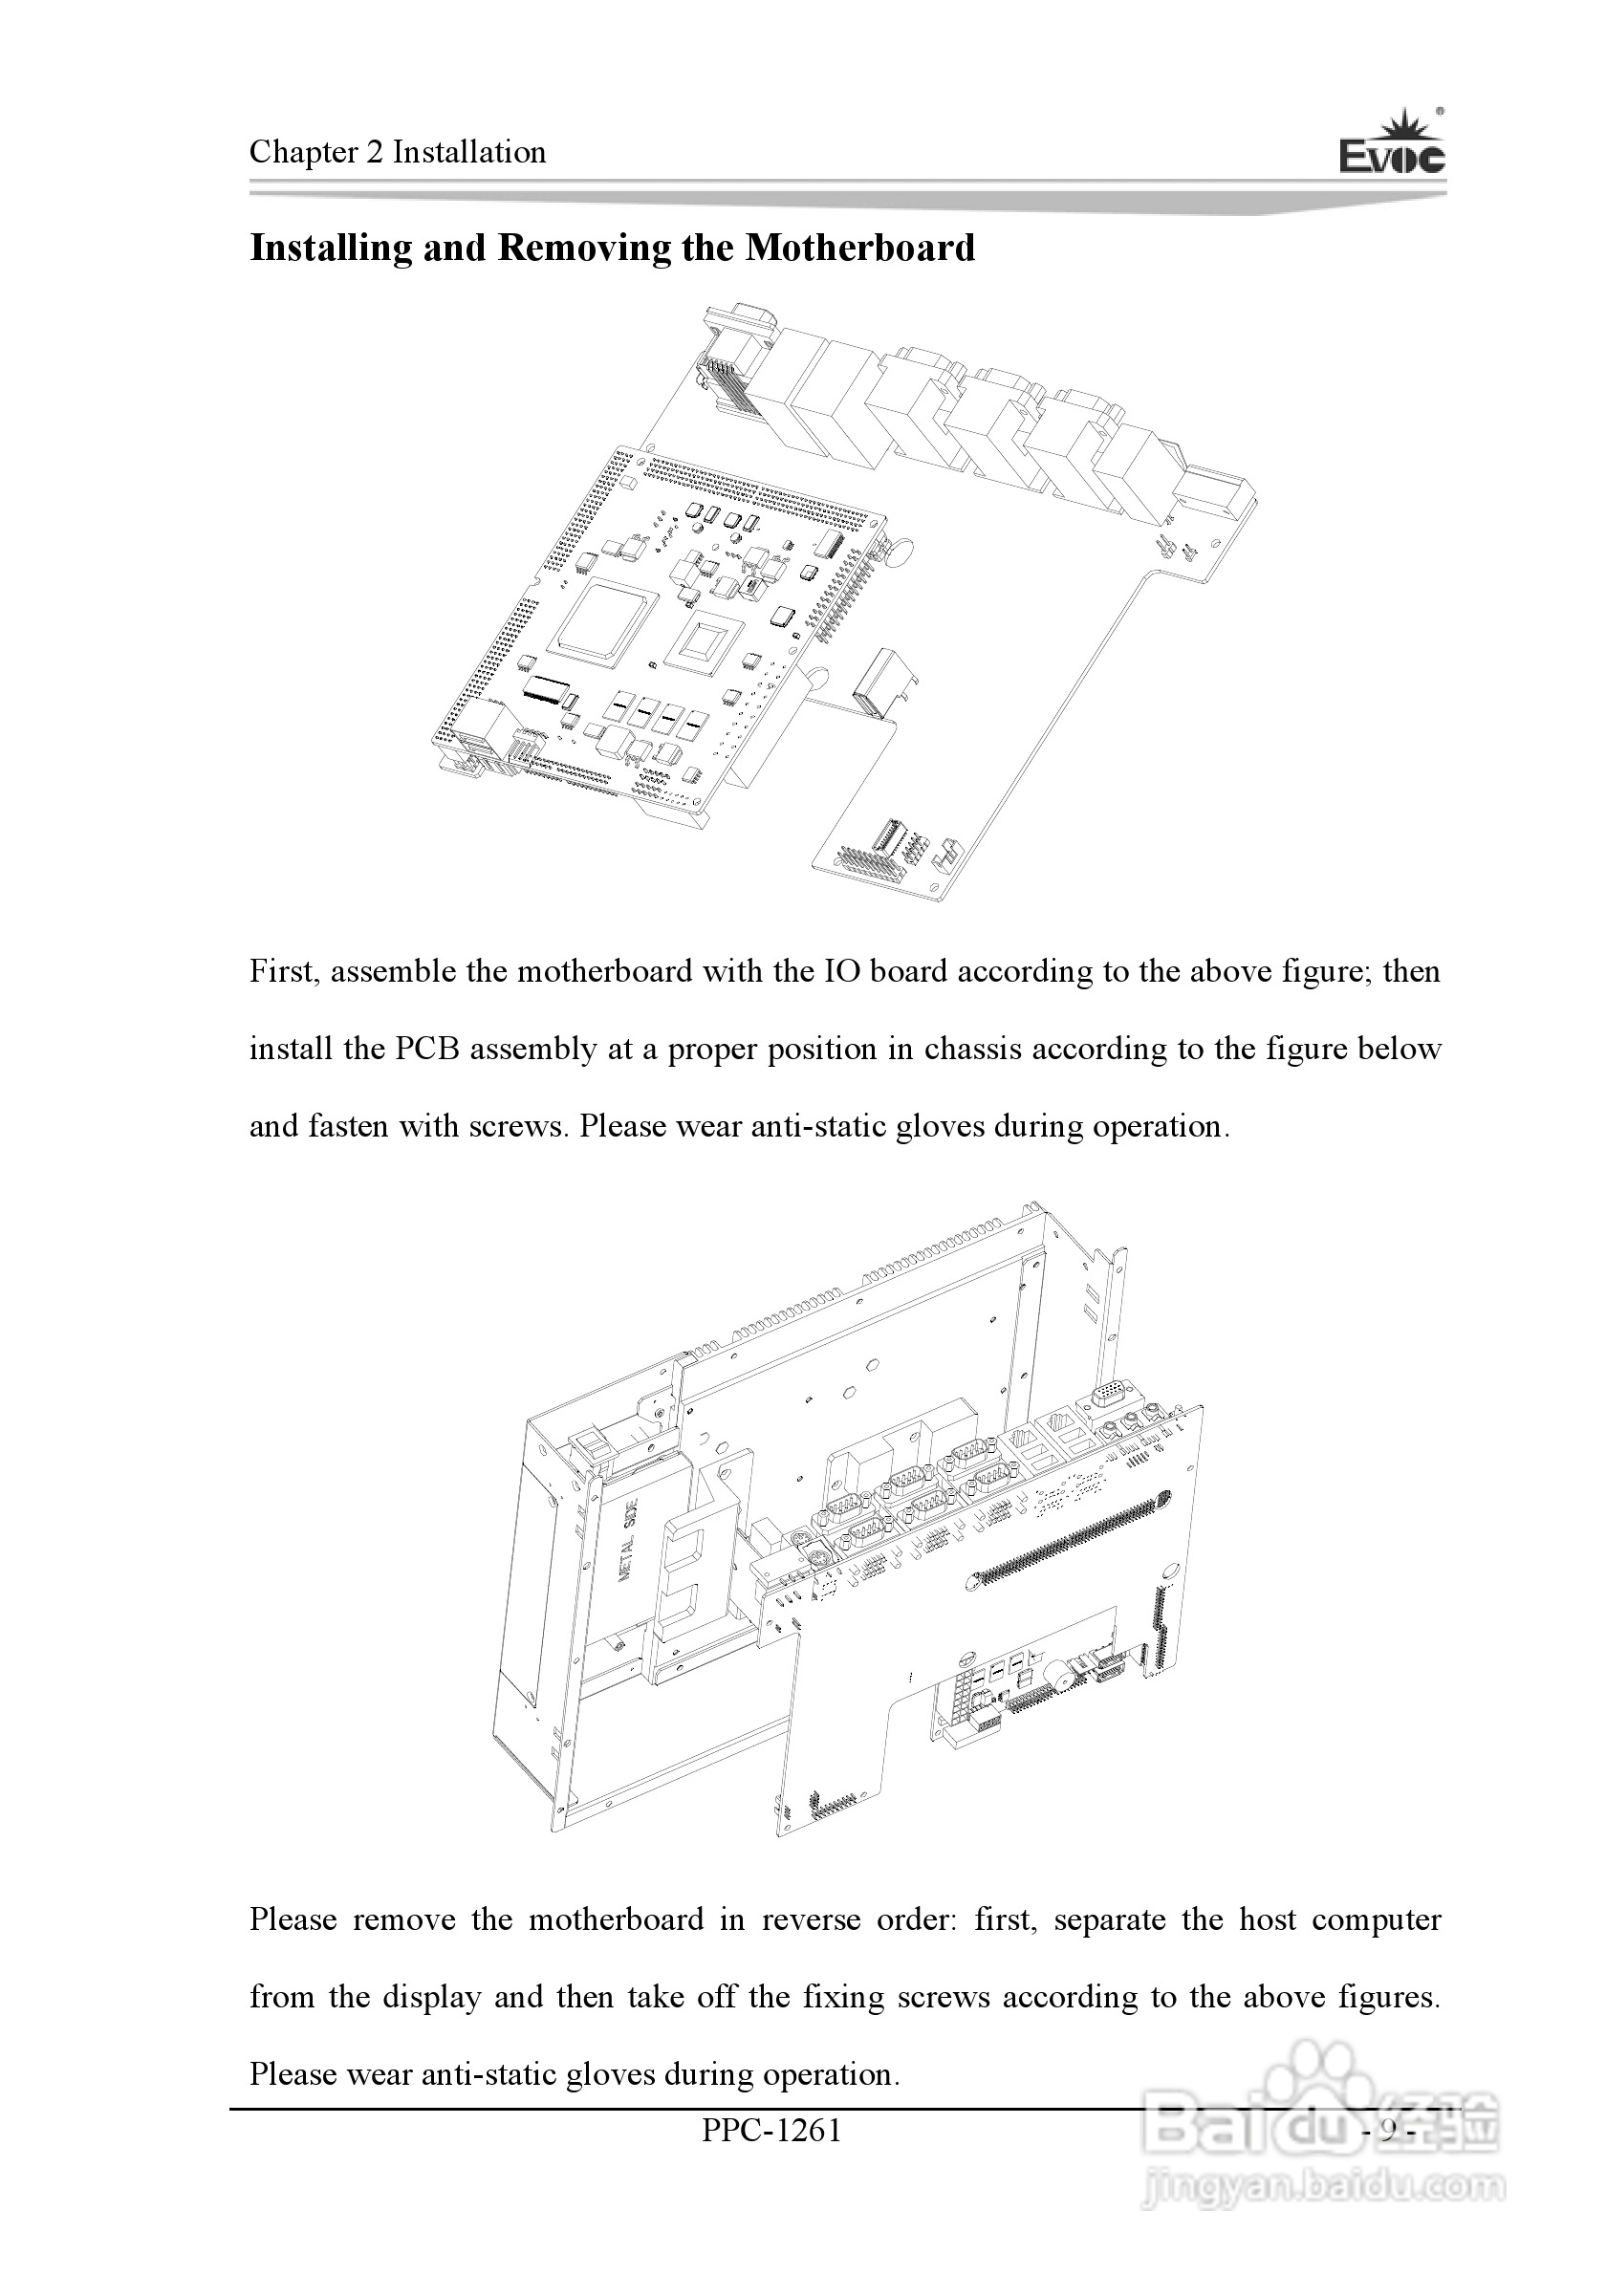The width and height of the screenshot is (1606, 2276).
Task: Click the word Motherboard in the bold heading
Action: (x=859, y=248)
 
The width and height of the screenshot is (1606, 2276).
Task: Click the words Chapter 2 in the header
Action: (x=316, y=152)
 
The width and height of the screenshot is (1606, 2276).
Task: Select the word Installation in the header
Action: (x=469, y=152)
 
